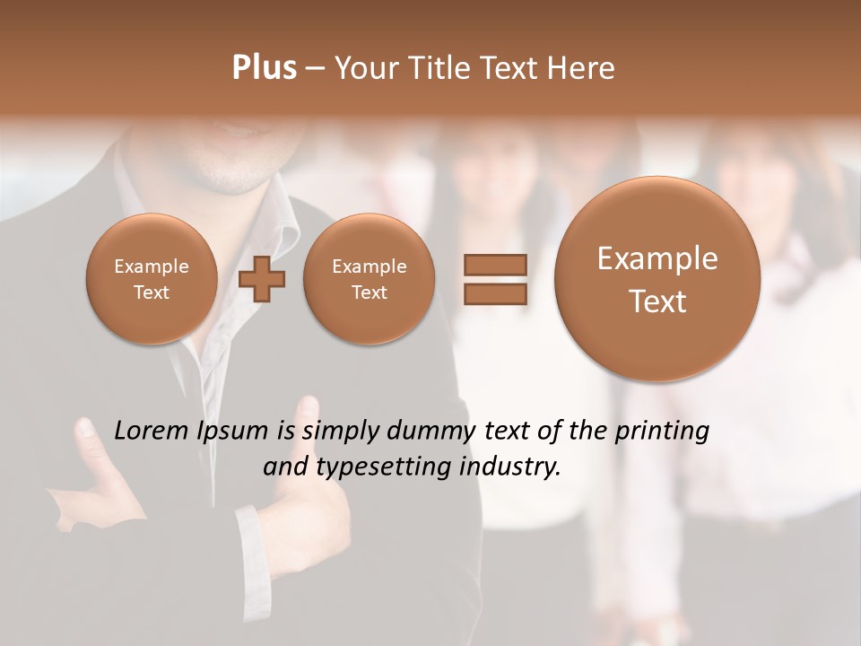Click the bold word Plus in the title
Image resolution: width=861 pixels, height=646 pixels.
[x=264, y=68]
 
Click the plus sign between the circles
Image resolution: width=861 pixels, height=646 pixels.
[x=262, y=279]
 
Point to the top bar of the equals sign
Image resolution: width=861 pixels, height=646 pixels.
[x=494, y=265]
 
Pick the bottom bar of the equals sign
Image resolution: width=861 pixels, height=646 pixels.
[x=494, y=294]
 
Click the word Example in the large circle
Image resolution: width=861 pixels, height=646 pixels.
[x=657, y=258]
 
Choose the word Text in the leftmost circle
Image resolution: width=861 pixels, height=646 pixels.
[x=151, y=292]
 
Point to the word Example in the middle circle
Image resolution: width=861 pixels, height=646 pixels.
[x=369, y=266]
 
